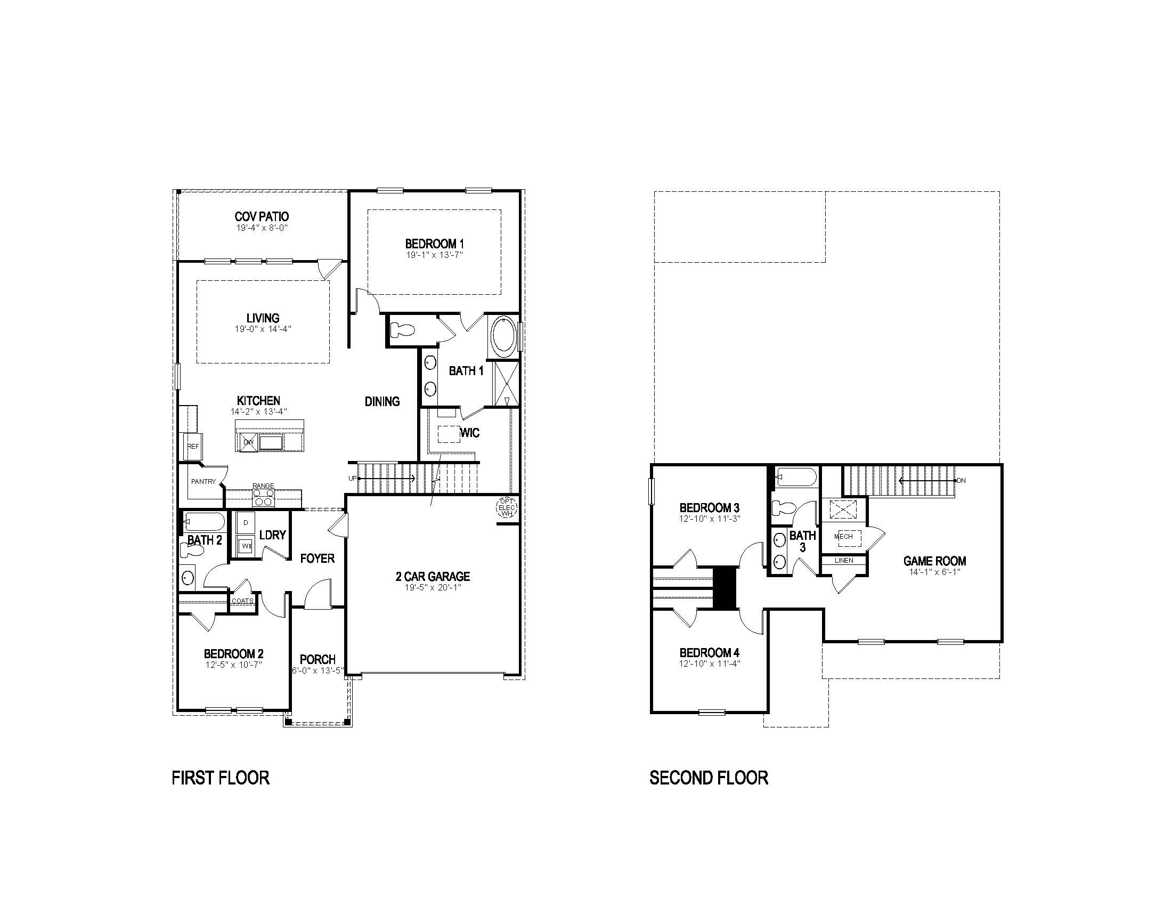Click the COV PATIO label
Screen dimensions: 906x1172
coord(262,216)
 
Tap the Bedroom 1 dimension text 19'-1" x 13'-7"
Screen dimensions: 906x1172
coord(434,255)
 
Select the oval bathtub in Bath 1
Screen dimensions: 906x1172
coord(503,336)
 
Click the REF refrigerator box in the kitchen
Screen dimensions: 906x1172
coord(193,446)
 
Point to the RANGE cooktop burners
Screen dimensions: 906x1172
coord(263,498)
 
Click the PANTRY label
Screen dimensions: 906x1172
coord(204,481)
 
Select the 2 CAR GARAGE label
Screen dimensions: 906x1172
coord(433,576)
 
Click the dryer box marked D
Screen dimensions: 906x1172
coord(246,522)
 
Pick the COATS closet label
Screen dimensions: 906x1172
coord(242,601)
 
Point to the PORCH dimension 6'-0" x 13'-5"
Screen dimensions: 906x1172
coord(318,670)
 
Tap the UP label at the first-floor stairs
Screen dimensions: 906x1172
coord(352,478)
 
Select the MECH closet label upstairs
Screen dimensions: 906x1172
coord(844,536)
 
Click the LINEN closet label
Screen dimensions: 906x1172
coord(844,560)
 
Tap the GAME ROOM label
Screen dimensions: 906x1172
coord(934,561)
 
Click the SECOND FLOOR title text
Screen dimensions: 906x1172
coord(709,778)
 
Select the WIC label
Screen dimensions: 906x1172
coord(469,433)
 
